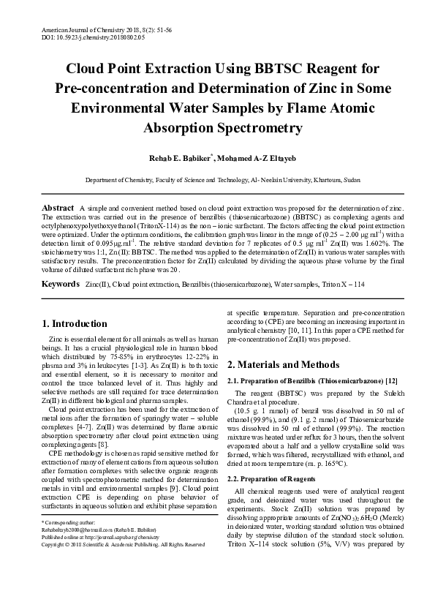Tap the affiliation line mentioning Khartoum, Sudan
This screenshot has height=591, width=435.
tap(217, 179)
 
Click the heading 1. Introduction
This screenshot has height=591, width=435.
tap(75, 323)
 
